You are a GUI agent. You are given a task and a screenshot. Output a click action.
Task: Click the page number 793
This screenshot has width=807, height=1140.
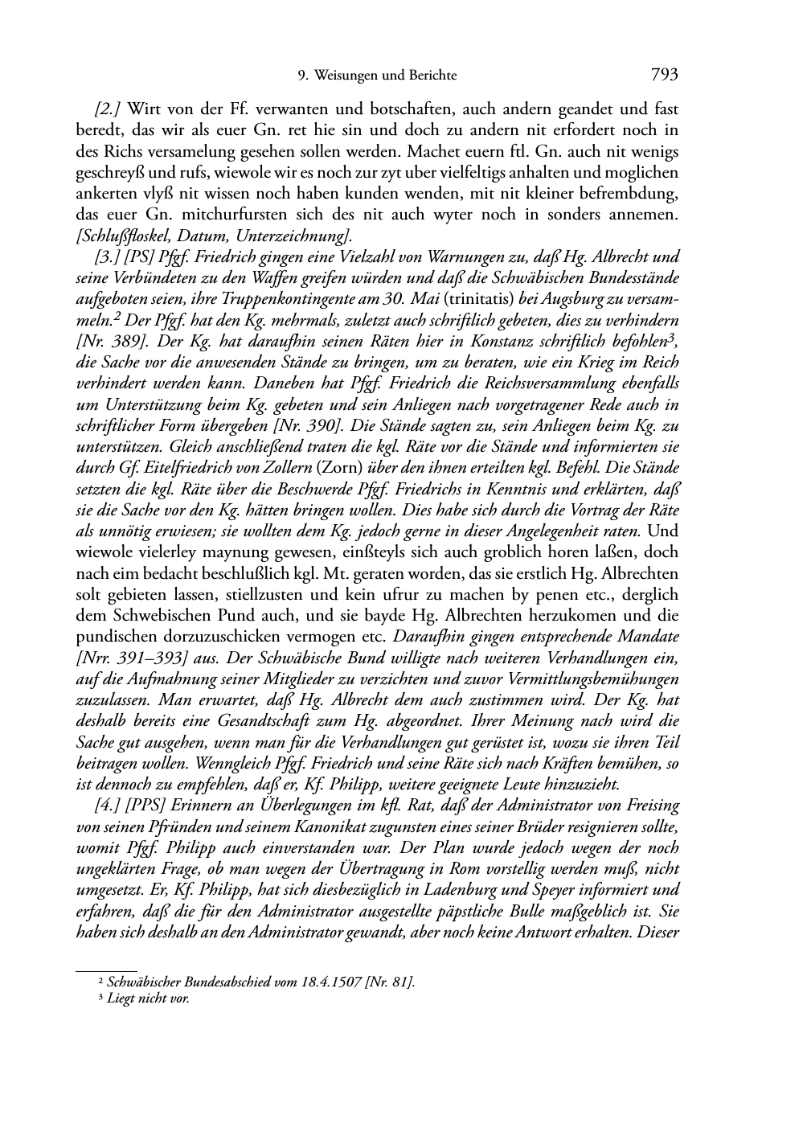pos(665,75)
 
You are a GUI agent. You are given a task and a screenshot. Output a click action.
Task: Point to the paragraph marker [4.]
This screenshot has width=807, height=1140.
pos(109,806)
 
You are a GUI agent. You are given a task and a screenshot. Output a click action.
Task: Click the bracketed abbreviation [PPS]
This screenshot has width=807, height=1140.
pos(145,806)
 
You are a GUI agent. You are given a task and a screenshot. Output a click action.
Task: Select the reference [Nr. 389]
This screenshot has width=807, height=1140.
pos(106,342)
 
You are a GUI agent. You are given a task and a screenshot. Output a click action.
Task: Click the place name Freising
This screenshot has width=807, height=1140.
pos(651,806)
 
